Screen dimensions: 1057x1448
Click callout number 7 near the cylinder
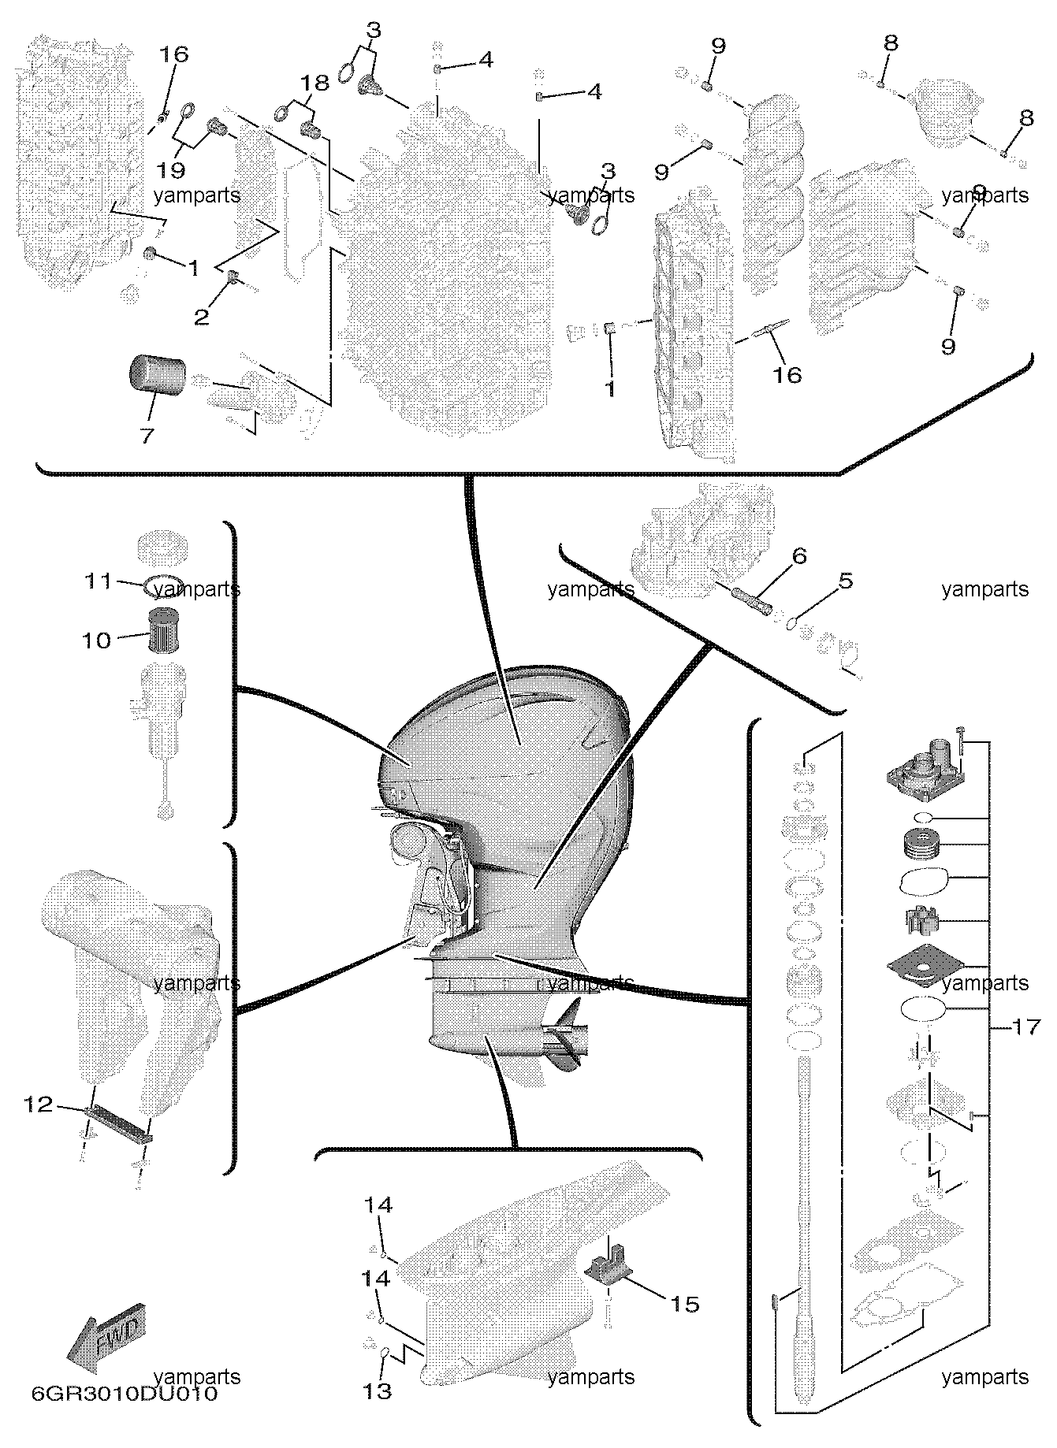click(147, 435)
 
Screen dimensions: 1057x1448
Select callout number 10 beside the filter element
click(97, 640)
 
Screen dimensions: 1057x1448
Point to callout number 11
click(100, 581)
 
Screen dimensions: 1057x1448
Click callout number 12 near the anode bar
click(39, 1105)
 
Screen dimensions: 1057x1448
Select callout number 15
click(686, 1304)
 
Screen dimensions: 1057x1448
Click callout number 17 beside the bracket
click(1026, 1027)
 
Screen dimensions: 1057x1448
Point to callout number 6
click(799, 556)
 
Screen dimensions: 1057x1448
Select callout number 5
click(845, 581)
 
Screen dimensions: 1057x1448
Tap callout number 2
click(202, 317)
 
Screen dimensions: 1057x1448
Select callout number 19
click(171, 170)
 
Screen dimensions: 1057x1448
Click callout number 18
click(314, 83)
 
